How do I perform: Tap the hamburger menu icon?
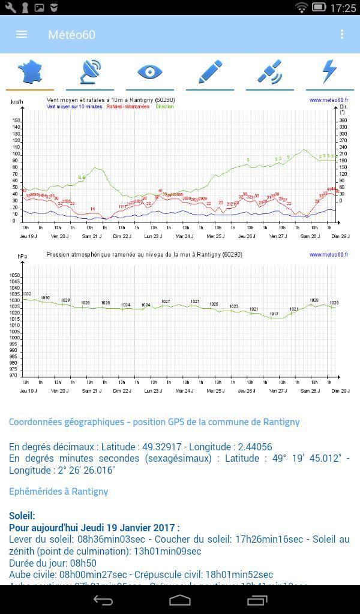(x=22, y=34)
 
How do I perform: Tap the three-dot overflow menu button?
(x=342, y=34)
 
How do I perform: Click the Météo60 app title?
(x=71, y=35)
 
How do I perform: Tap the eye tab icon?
(x=150, y=72)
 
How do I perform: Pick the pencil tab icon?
(x=209, y=72)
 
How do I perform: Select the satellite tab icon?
(x=269, y=72)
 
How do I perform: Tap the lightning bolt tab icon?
(x=329, y=72)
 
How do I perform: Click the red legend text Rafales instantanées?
(x=128, y=107)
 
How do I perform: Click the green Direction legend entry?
(x=164, y=107)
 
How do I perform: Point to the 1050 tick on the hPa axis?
(x=15, y=276)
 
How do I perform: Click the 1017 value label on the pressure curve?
(x=274, y=314)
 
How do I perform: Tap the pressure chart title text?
(x=144, y=254)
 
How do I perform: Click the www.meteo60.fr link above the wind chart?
(x=329, y=100)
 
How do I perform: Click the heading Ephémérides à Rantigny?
(x=58, y=491)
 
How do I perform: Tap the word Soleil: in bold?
(x=22, y=516)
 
